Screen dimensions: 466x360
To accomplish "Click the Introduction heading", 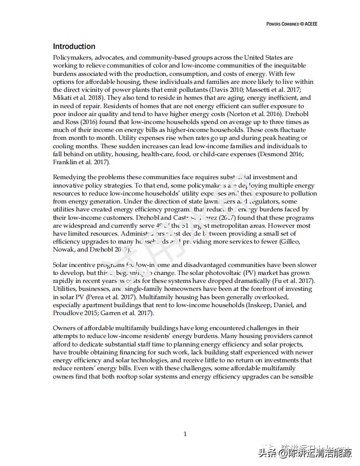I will pyautogui.click(x=74, y=46).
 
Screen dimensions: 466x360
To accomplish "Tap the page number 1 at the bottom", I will pyautogui.click(x=185, y=434).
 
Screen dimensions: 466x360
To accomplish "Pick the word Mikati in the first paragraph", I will pyautogui.click(x=62, y=98).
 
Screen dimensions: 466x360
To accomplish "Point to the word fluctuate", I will pyautogui.click(x=290, y=130).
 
